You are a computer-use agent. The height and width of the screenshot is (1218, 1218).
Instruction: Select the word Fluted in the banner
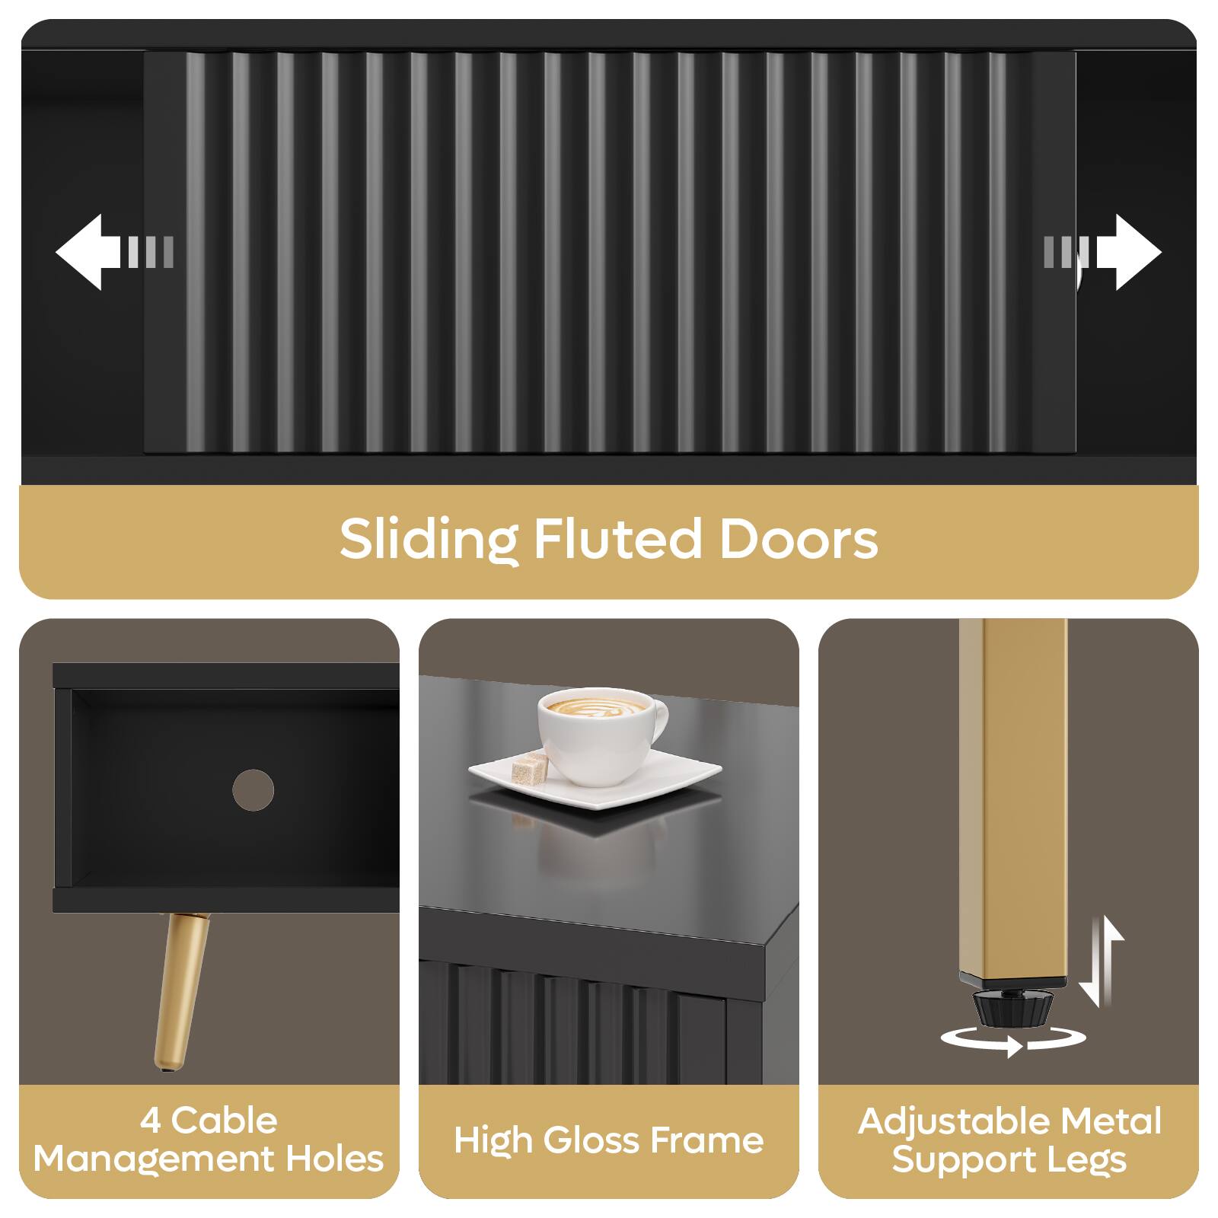pos(617,540)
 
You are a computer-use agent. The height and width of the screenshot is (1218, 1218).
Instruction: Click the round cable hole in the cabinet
pos(253,789)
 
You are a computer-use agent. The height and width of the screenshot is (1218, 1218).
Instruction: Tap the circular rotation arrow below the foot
pos(1012,1040)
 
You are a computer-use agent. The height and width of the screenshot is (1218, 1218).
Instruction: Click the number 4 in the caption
pos(151,1121)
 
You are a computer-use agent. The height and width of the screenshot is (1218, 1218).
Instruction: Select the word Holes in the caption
pos(334,1159)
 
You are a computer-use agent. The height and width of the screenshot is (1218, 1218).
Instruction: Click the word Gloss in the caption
pos(591,1140)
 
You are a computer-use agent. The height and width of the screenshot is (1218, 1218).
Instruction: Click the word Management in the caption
pos(153,1159)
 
